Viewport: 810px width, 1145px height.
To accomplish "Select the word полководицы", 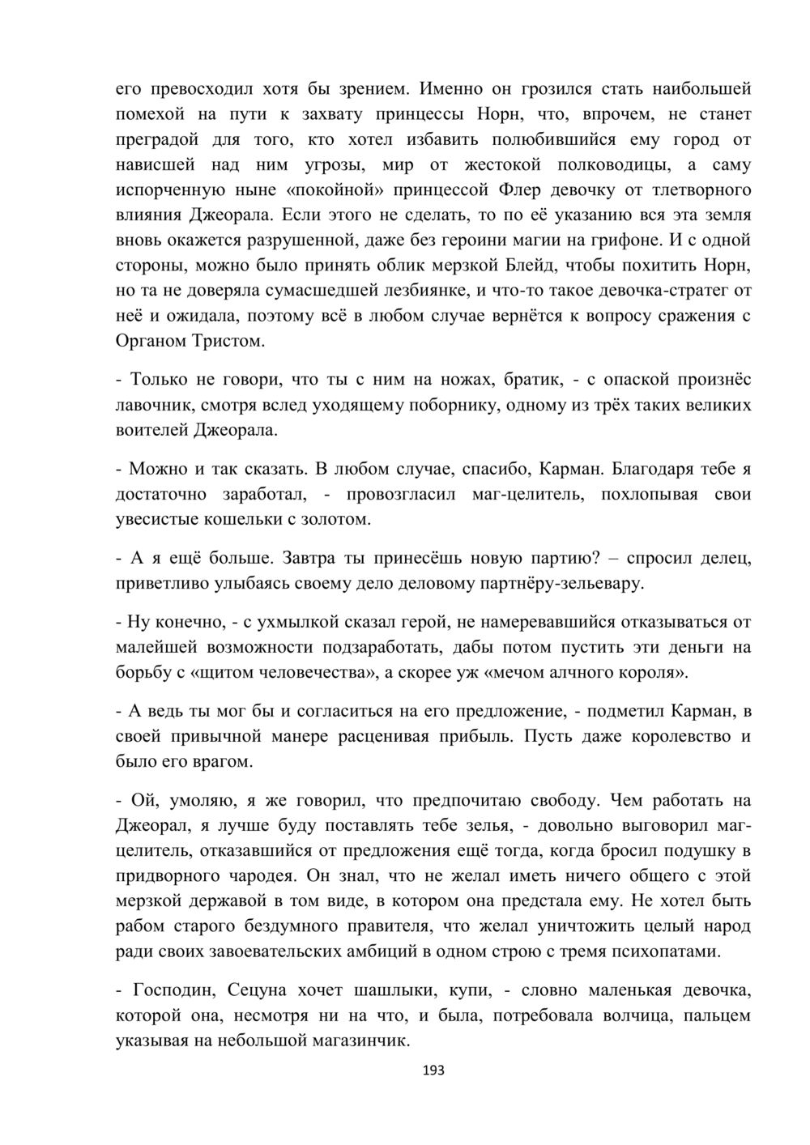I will tap(613, 165).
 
